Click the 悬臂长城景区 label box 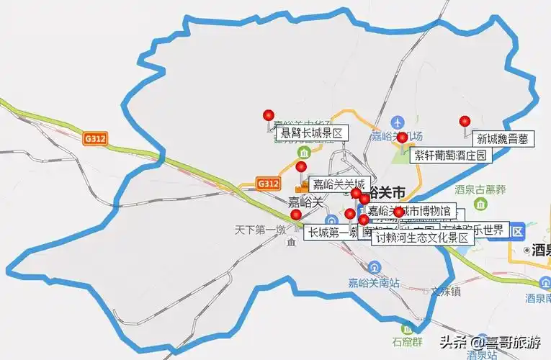click(310, 132)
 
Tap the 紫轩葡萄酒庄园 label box click(451, 155)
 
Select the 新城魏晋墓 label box click(503, 139)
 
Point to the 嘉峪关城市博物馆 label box click(410, 211)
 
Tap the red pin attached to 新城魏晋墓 click(465, 121)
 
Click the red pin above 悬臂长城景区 click(269, 114)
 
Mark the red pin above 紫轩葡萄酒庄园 click(402, 137)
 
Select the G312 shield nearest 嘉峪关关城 click(267, 184)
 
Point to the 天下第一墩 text click(260, 230)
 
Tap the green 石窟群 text click(405, 343)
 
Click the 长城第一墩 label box click(329, 233)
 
